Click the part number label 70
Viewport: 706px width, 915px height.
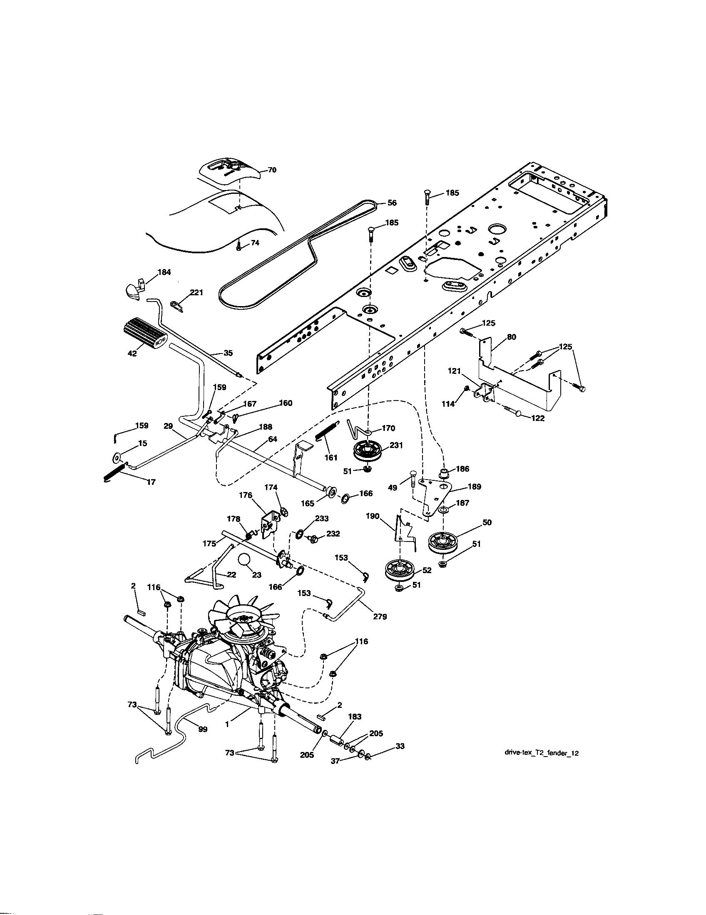tap(272, 170)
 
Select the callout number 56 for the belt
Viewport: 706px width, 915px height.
tap(392, 203)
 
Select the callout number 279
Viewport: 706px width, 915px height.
tap(380, 616)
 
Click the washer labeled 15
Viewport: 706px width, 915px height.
tap(117, 457)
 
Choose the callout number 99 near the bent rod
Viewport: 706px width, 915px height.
tap(202, 730)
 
